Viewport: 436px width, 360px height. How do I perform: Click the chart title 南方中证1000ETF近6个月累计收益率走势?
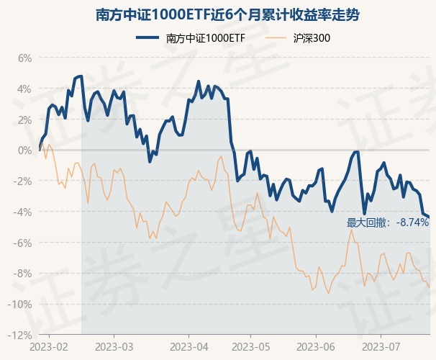217,14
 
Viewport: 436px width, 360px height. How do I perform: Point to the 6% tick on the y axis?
24,58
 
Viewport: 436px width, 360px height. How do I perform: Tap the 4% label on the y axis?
24,89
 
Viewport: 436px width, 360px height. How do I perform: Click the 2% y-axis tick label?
24,120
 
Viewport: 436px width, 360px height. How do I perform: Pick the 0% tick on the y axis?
24,150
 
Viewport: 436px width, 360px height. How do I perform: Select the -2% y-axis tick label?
22,181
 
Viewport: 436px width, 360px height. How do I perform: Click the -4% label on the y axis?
22,212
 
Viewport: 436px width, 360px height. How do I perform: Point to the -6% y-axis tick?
22,243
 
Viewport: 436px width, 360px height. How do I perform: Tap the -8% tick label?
22,274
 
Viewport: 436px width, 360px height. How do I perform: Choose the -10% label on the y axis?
20,305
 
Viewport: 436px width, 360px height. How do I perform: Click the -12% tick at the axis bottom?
20,335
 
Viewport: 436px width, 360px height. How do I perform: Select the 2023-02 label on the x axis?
50,346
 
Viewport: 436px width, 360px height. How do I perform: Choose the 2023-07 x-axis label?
381,346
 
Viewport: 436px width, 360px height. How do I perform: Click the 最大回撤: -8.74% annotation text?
388,222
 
